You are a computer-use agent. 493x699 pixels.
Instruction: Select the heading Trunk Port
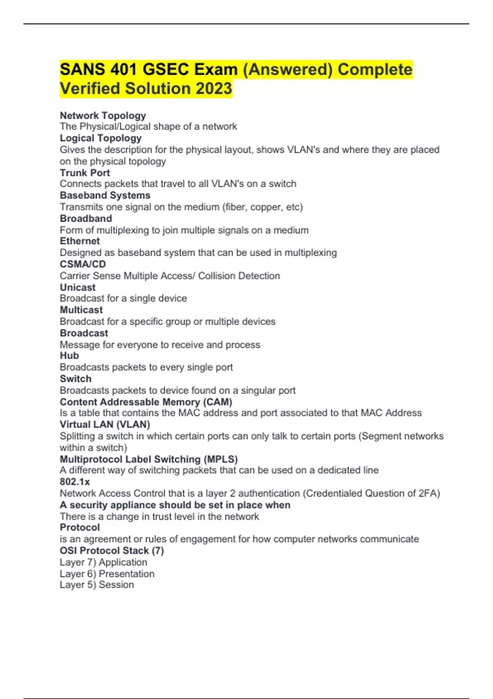click(x=85, y=173)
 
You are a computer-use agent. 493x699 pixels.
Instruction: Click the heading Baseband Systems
click(x=105, y=195)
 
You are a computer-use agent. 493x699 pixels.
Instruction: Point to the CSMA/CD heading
click(x=83, y=264)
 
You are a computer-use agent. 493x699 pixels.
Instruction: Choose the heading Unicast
click(x=78, y=287)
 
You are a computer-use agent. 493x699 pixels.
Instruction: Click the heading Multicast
click(x=81, y=310)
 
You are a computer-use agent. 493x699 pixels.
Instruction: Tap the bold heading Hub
click(x=69, y=356)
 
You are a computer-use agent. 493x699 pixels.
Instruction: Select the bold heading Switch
click(x=76, y=379)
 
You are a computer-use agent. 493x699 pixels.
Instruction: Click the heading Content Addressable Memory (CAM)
click(x=146, y=402)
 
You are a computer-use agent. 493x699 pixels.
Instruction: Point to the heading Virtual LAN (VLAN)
click(x=105, y=424)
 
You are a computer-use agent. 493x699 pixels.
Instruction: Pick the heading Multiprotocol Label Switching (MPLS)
click(x=149, y=459)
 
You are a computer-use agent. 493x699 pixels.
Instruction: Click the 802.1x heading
click(x=75, y=481)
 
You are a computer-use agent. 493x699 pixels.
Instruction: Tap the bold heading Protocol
click(x=80, y=528)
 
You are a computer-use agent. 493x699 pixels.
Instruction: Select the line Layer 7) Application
click(x=103, y=562)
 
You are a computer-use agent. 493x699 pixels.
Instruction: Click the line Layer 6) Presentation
click(x=107, y=574)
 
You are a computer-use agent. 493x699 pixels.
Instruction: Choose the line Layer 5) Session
click(x=97, y=585)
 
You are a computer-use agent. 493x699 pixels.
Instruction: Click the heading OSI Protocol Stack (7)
click(x=112, y=551)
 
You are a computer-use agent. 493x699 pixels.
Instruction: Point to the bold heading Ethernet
click(x=80, y=241)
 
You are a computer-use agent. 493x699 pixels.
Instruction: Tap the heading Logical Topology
click(x=101, y=138)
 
